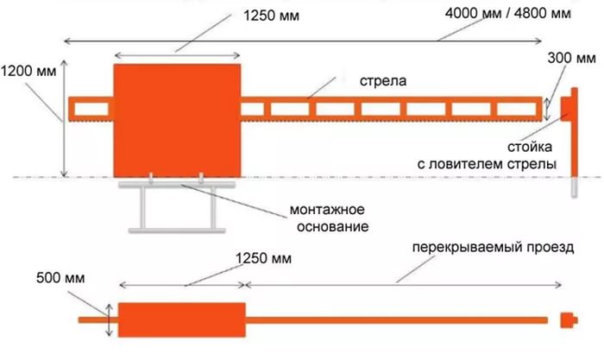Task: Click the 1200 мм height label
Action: click(28, 72)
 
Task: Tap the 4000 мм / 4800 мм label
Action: click(508, 14)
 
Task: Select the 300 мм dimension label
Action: click(571, 58)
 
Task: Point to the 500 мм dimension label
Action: click(60, 278)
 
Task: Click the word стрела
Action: click(383, 81)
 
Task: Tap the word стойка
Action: click(530, 147)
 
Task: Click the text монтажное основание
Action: click(330, 218)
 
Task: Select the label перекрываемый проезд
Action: click(493, 247)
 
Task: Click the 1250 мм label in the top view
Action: click(271, 16)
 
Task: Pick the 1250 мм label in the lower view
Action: click(263, 258)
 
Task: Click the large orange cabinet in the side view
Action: click(177, 121)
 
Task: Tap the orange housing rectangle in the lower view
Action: click(182, 320)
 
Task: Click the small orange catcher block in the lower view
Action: click(569, 320)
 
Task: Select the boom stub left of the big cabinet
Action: click(91, 110)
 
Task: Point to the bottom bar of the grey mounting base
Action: click(177, 231)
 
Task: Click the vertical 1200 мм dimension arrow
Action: click(65, 119)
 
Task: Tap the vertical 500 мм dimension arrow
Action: click(110, 320)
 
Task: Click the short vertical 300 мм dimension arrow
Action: click(547, 109)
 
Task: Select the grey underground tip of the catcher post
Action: click(575, 187)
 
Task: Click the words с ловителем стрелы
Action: click(487, 164)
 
